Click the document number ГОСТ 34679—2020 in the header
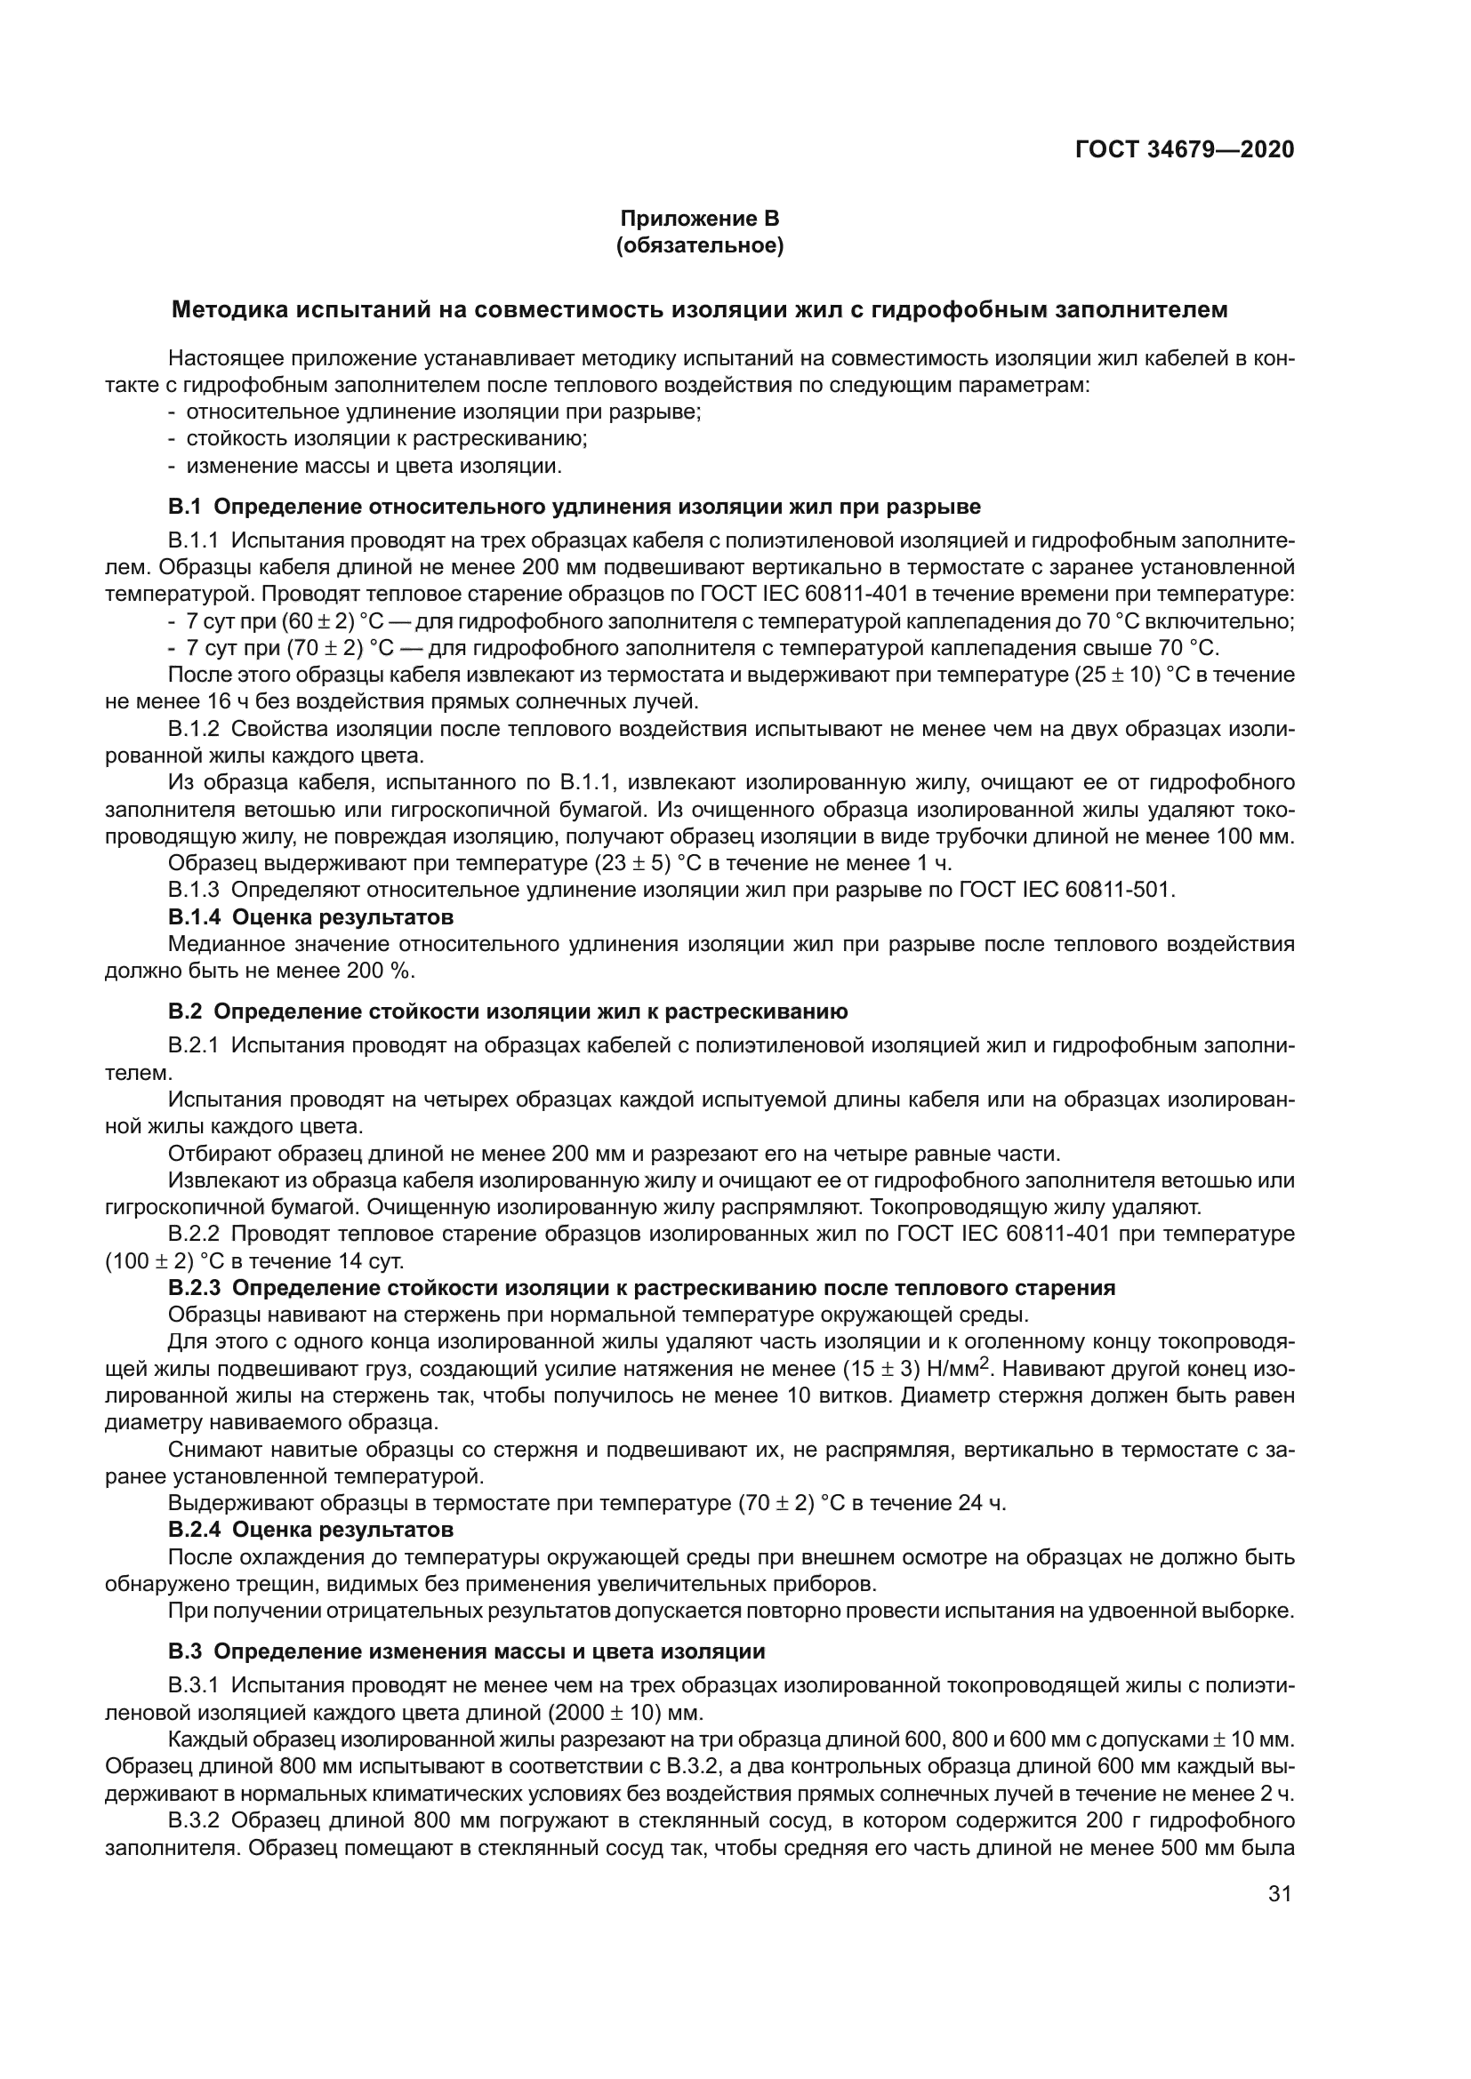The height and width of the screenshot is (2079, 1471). tap(1184, 149)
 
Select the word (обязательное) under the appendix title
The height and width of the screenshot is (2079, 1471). tap(699, 245)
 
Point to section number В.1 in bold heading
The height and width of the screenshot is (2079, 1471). tap(184, 506)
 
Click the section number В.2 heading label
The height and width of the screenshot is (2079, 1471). tap(184, 1012)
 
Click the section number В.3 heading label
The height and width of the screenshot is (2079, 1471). tap(184, 1651)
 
